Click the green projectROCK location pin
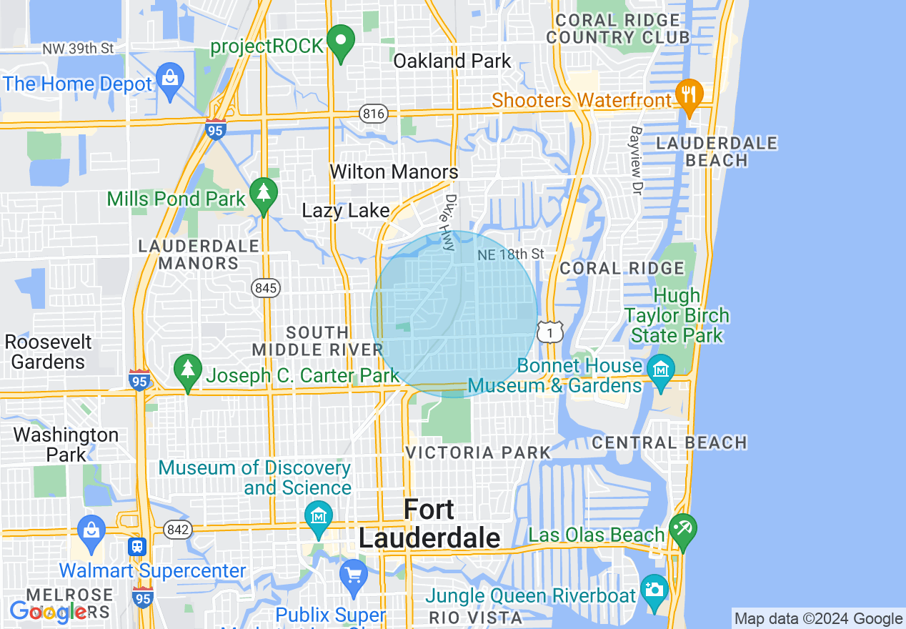pos(341,41)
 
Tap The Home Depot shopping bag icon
pos(169,80)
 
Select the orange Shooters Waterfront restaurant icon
pos(689,96)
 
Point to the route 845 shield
pos(265,288)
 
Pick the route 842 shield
pos(176,530)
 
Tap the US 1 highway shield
pos(549,331)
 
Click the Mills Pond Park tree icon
pos(264,194)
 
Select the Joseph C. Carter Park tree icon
pos(187,371)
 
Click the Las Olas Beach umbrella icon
pos(682,531)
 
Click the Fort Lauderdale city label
pos(428,524)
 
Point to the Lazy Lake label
pos(346,211)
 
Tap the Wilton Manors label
pos(394,172)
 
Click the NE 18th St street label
pos(511,254)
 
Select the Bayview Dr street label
pos(636,160)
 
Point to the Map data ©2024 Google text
pos(819,619)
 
